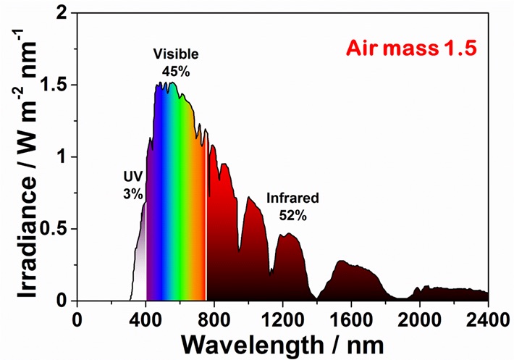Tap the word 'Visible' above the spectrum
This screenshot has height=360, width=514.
175,54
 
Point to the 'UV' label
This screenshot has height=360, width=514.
132,176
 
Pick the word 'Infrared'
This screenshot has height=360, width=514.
292,197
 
